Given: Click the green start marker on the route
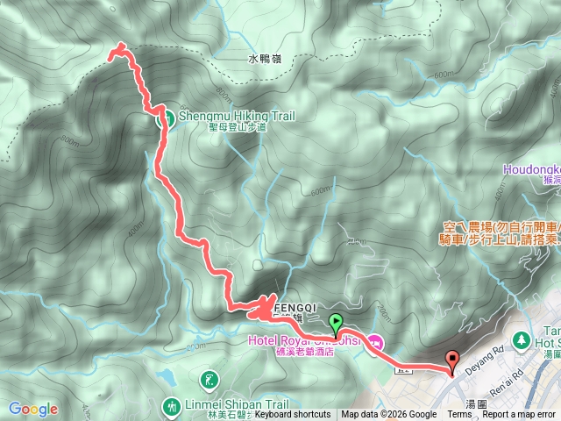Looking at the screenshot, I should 336,322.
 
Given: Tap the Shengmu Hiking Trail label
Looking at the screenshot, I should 236,116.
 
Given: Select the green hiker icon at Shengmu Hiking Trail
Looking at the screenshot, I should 163,119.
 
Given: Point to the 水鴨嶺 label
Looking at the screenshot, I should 262,59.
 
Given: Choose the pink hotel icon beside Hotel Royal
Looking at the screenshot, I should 375,343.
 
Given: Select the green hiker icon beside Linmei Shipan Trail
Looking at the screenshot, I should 171,406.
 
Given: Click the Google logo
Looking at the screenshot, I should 33,409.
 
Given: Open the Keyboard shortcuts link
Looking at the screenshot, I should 293,415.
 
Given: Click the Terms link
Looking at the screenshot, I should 459,415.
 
